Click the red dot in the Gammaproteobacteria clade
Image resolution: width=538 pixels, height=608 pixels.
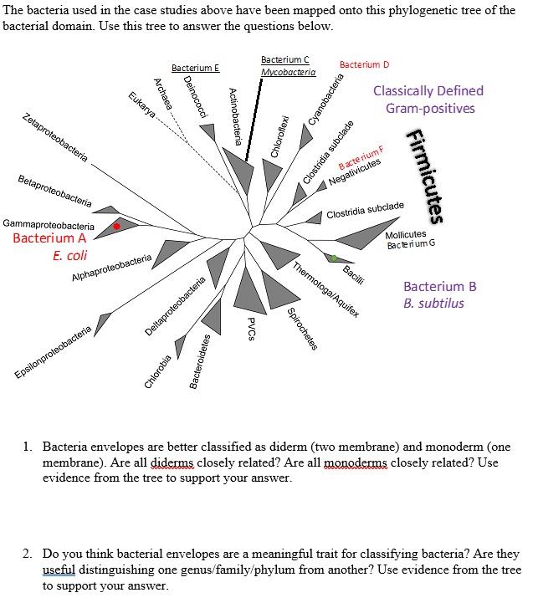(117, 226)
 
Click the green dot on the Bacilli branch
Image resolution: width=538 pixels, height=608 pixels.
(334, 258)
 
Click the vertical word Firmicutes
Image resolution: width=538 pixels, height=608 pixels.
(427, 176)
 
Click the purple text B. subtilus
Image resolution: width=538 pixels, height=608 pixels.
(433, 303)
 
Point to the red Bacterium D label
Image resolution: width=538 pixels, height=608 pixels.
(364, 64)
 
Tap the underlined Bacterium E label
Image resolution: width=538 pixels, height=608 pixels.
(195, 68)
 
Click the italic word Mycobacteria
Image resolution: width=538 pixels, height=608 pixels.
(288, 73)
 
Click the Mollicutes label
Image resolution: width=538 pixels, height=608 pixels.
(406, 234)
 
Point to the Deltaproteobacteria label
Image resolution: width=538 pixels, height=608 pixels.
(176, 308)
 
